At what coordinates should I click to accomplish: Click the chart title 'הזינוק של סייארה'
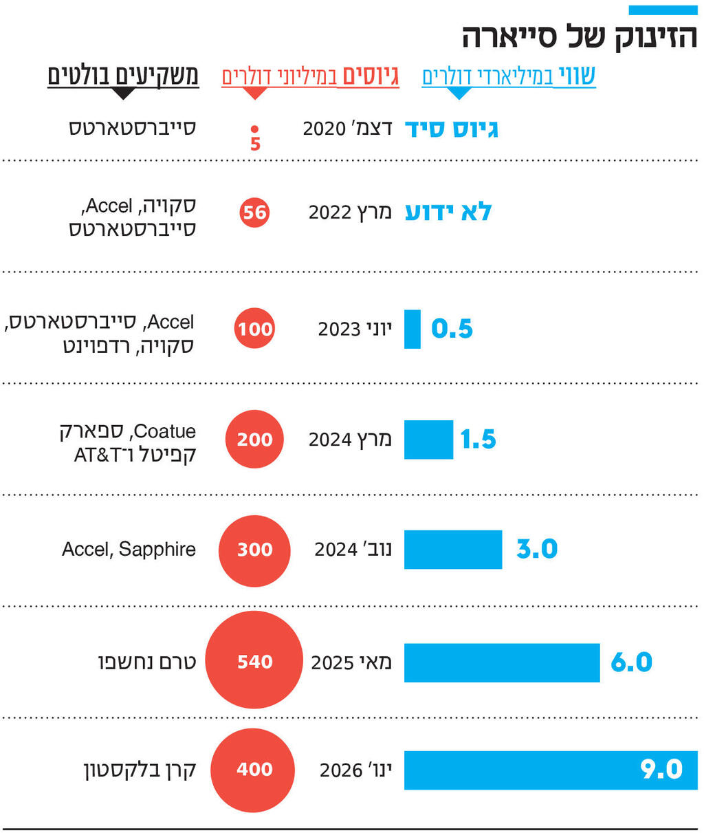click(x=580, y=36)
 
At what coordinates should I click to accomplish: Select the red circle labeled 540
click(x=254, y=660)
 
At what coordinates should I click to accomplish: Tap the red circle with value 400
click(x=253, y=769)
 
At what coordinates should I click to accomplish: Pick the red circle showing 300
click(x=254, y=549)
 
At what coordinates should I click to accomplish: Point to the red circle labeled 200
click(x=254, y=439)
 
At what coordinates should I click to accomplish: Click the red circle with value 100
click(x=255, y=328)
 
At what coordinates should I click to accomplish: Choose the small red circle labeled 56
click(x=254, y=212)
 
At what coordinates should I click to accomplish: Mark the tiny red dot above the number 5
click(x=254, y=129)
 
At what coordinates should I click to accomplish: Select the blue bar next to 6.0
click(x=501, y=662)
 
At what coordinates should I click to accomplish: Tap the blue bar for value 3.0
click(x=452, y=549)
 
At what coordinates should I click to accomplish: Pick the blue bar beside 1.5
click(x=428, y=439)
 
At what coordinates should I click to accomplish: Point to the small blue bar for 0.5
click(x=412, y=329)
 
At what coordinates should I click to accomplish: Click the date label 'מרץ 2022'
click(x=350, y=212)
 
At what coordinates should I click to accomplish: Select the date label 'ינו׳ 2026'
click(x=355, y=770)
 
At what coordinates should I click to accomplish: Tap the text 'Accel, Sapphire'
click(x=129, y=549)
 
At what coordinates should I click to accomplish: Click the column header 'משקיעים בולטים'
click(x=123, y=76)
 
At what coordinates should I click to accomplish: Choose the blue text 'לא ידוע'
click(x=448, y=212)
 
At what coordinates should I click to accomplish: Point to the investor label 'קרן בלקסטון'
click(x=140, y=770)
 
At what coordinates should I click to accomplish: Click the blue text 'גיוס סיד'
click(x=452, y=129)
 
